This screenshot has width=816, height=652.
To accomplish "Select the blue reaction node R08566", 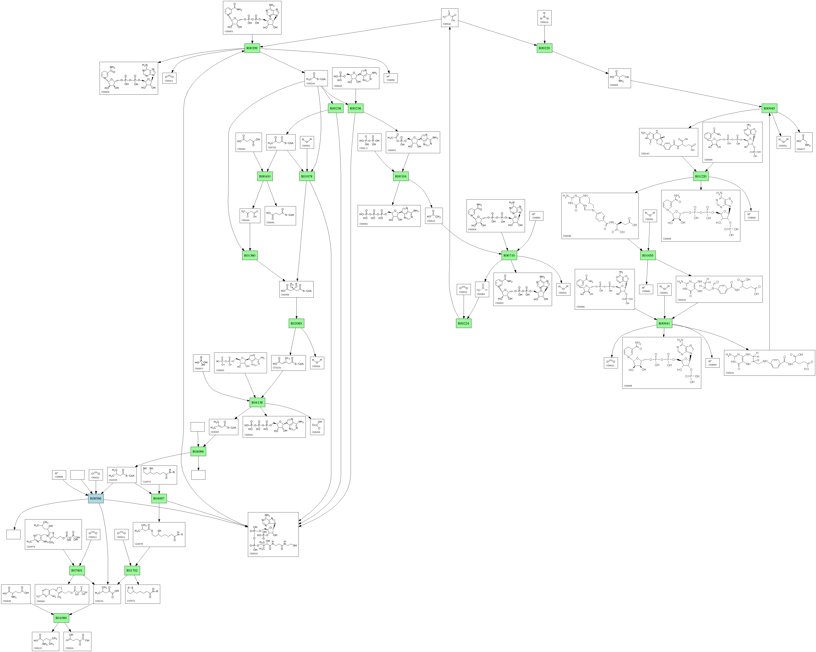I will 95,498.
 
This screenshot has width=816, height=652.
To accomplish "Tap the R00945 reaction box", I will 769,109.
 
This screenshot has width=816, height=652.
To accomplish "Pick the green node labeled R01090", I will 61,618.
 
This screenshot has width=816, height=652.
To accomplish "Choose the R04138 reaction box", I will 257,402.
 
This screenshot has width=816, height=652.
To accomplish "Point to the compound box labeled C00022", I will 450,18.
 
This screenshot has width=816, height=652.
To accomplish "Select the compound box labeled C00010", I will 273,534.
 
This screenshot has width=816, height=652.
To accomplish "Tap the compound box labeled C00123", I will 45,641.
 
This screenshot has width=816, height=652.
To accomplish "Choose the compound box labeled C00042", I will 249,142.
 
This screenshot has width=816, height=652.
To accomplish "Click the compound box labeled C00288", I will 317,427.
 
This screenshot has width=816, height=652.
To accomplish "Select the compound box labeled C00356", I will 296,289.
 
